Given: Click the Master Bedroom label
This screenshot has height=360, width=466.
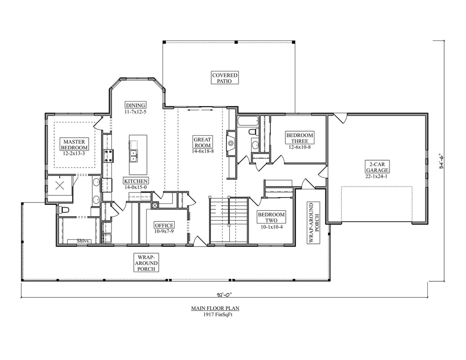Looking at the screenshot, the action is (74, 144).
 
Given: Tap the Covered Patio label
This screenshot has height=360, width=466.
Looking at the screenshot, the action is (225, 78).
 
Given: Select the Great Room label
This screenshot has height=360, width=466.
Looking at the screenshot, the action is (203, 142).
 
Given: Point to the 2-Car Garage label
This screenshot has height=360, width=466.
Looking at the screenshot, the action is (377, 167).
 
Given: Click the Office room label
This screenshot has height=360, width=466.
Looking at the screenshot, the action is (164, 225).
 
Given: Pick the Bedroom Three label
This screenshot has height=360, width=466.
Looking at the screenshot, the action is (299, 138).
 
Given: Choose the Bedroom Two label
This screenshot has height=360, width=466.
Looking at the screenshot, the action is (271, 217).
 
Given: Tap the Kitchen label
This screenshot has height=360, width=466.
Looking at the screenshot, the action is (136, 181).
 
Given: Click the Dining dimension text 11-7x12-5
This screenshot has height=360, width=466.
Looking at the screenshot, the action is (136, 112).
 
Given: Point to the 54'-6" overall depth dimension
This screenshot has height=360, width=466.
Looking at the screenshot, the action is (441, 161).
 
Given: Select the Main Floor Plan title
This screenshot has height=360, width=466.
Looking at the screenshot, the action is (215, 309).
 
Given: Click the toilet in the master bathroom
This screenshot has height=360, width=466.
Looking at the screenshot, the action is (64, 209).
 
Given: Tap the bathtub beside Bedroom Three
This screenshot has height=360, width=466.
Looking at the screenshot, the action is (248, 121).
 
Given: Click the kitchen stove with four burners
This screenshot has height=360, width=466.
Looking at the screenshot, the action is (108, 156).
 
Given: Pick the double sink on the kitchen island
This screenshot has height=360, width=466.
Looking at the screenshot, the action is (134, 156).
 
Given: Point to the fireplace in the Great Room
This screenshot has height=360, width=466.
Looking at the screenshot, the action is (231, 143).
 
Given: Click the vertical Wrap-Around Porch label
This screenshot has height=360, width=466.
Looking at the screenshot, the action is (314, 223).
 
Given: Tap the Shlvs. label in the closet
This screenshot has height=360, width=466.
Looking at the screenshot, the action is (84, 241).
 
